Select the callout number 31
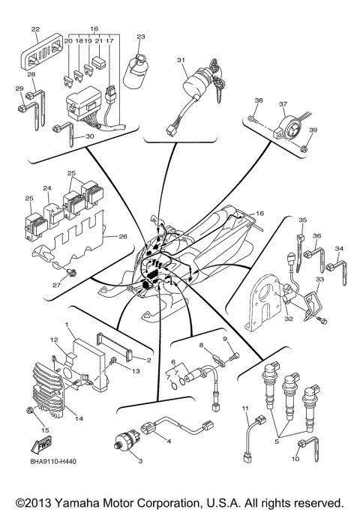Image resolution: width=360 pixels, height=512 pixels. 181,60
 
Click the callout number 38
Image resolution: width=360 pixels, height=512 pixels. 259,100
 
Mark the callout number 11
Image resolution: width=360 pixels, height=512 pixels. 244,408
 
